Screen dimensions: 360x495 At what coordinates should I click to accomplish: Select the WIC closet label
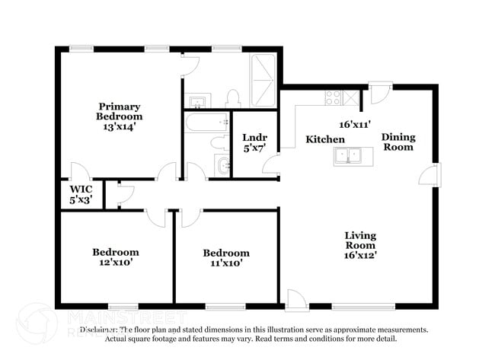coord(81,188)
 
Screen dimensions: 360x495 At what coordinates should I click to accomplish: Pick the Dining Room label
coord(398,142)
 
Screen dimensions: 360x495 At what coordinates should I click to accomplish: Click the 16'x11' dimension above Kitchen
coord(355,123)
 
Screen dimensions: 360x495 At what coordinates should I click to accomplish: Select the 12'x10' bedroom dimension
coord(116,263)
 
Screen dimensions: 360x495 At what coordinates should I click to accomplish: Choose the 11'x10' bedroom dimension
coord(225,264)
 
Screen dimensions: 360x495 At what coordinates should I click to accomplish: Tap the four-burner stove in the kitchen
coord(334,97)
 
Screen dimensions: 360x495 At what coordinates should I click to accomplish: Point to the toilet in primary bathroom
coord(234,97)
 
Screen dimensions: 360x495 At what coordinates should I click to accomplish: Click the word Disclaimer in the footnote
coord(101,330)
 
